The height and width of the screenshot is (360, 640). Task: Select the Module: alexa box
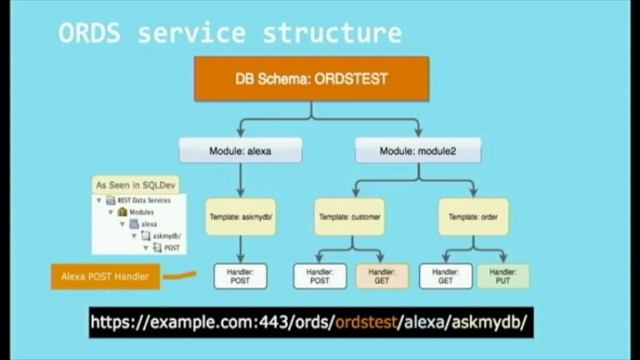pos(240,151)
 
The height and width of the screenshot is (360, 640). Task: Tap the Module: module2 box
pos(416,151)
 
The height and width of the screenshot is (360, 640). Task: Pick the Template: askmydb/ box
pos(240,216)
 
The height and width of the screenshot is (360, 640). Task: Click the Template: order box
pos(473,216)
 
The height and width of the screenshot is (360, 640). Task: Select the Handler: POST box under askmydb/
pos(241,276)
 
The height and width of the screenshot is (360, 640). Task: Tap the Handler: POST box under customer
pos(319,276)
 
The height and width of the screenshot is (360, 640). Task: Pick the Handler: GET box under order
pos(444,276)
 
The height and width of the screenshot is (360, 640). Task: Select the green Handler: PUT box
pos(504,276)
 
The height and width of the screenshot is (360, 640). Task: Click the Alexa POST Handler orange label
pos(104,276)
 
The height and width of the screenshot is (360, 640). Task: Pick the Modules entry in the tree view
pos(144,212)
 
